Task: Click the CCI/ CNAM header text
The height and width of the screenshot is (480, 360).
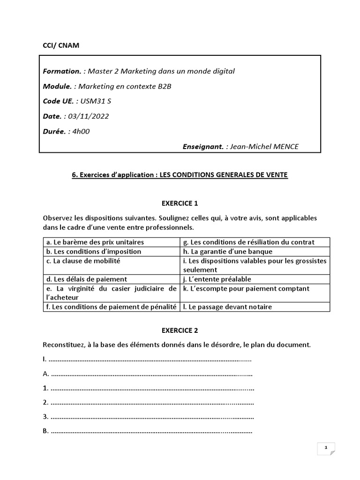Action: pyautogui.click(x=61, y=45)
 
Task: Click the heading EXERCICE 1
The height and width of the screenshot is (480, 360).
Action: pyautogui.click(x=180, y=203)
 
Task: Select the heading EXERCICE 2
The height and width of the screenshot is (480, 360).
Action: pyautogui.click(x=180, y=330)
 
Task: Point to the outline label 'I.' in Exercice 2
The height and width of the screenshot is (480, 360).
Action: pyautogui.click(x=45, y=360)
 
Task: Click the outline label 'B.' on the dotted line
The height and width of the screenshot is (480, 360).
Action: pyautogui.click(x=46, y=431)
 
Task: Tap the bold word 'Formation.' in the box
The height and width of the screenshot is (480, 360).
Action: pyautogui.click(x=61, y=71)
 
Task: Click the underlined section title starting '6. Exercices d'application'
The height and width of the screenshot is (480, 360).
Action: pyautogui.click(x=180, y=175)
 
